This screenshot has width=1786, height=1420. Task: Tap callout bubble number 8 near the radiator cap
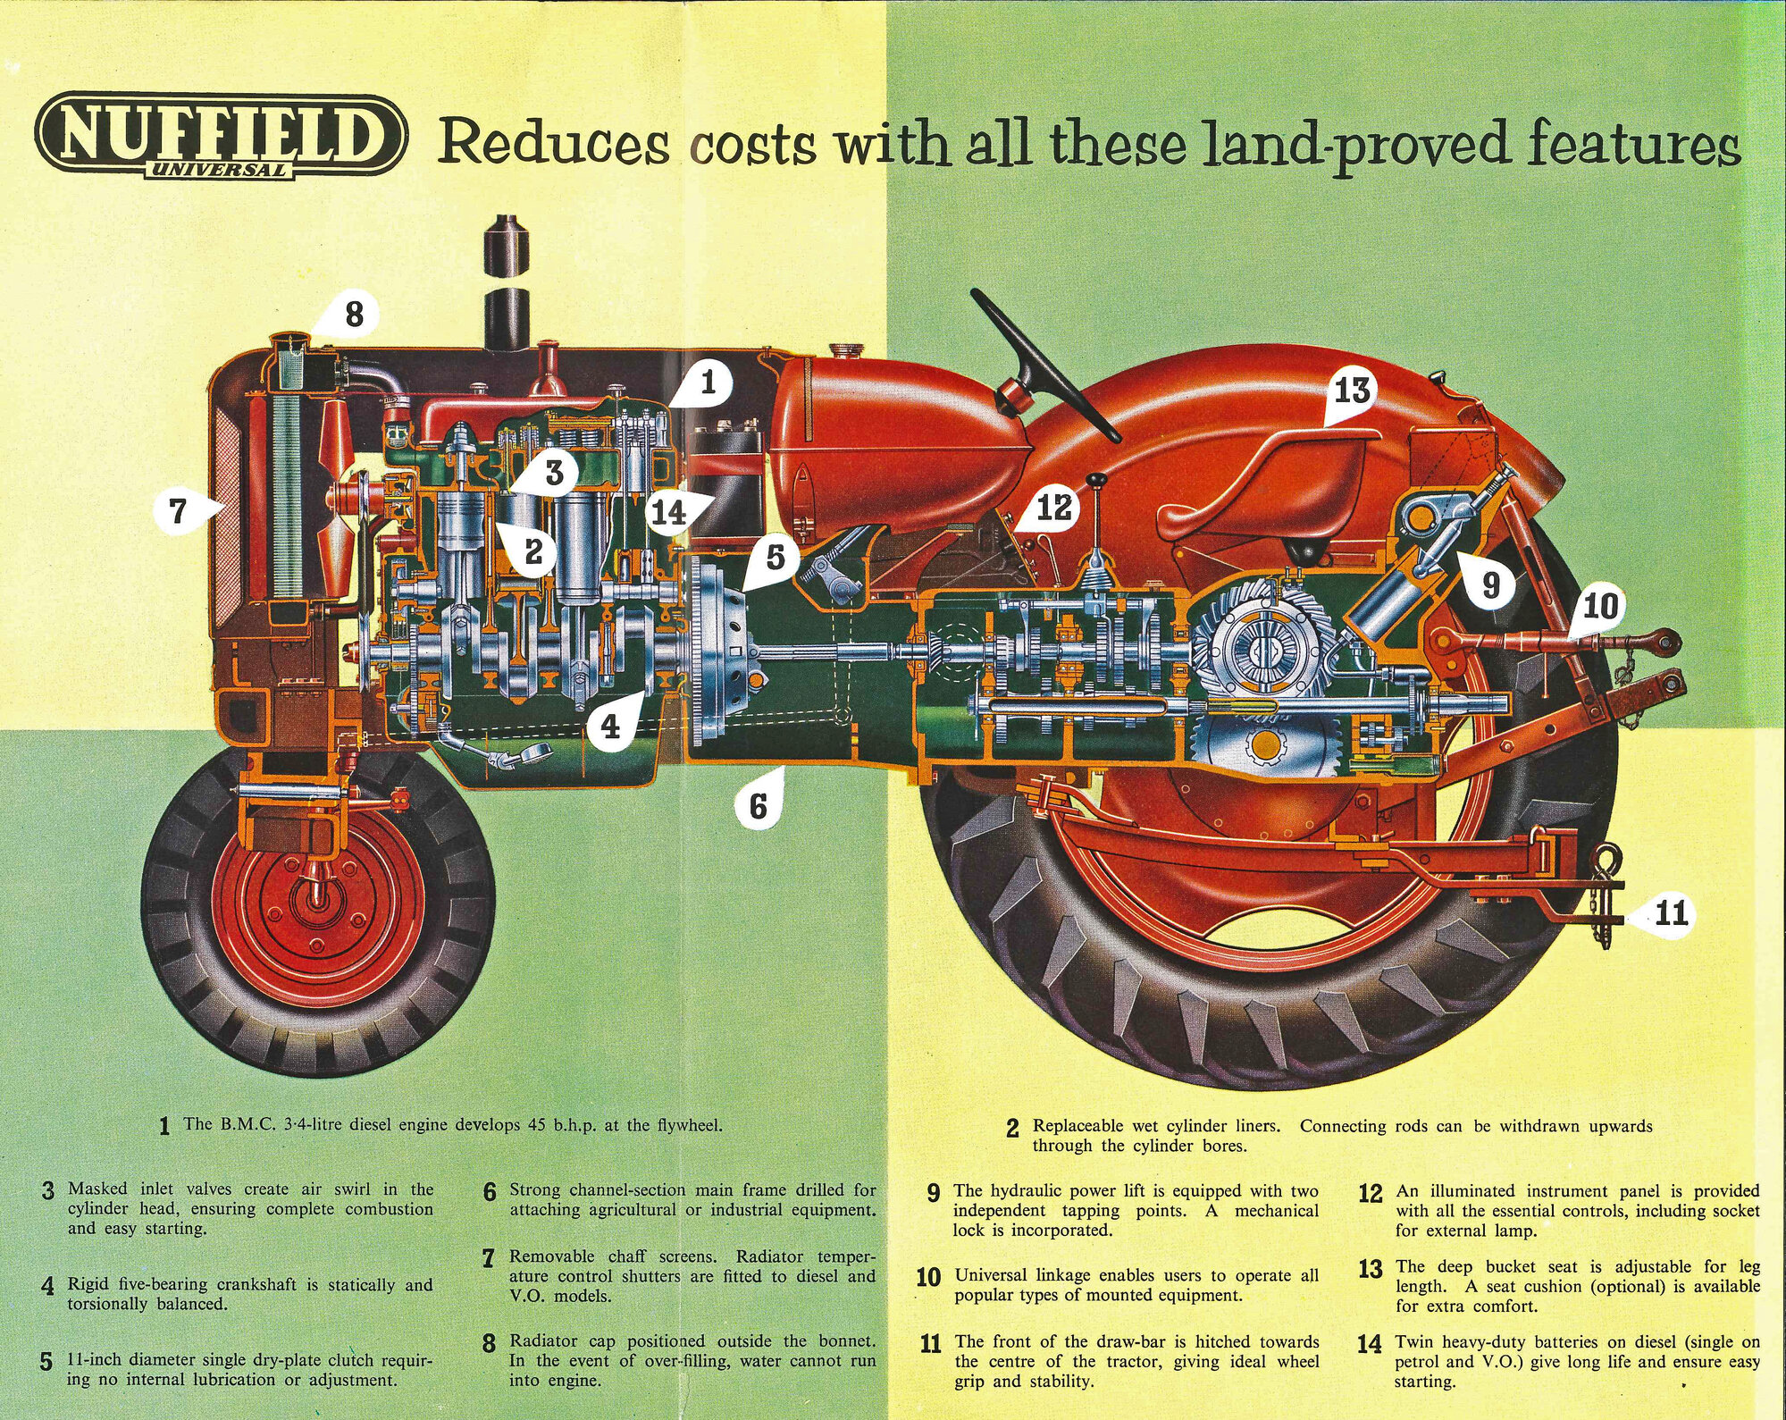353,315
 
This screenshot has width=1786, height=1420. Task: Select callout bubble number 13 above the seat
1352,391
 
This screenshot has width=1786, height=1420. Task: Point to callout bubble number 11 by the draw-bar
1670,913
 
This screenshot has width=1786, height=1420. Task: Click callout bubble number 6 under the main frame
758,805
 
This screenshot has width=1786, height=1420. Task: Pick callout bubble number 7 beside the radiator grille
179,510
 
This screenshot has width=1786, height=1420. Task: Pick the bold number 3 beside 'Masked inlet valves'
48,1191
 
